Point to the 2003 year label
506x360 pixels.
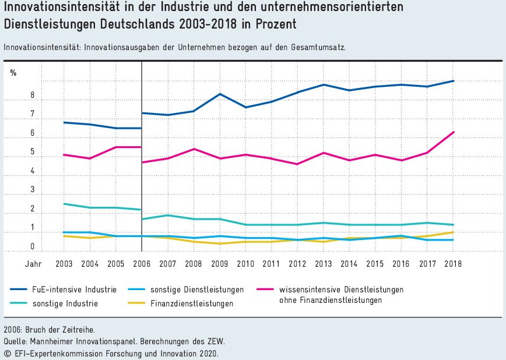(x=64, y=263)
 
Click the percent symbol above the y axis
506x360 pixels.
(x=13, y=73)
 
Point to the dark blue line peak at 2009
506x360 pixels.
(x=219, y=94)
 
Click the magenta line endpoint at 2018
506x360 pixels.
(x=453, y=132)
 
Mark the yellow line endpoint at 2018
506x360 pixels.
(x=453, y=232)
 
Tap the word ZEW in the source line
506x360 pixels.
(x=215, y=341)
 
